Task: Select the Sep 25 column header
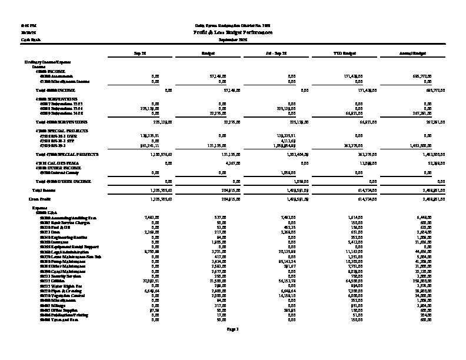coord(141,53)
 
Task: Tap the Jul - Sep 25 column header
coord(276,53)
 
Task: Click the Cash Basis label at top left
coord(22,39)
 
